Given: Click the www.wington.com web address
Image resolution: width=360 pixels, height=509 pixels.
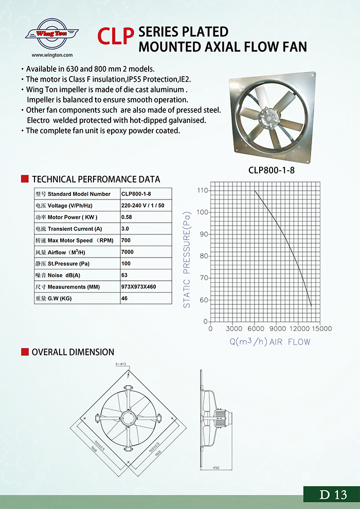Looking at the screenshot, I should coord(52,54).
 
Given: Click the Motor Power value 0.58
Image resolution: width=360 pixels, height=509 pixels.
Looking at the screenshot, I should coord(127,217).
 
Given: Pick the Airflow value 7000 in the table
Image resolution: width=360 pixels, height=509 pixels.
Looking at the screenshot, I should coord(128,252).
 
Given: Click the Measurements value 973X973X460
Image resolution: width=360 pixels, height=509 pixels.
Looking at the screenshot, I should coord(138,286).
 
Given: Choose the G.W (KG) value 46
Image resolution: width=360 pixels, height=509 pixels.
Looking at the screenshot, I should coord(124,298).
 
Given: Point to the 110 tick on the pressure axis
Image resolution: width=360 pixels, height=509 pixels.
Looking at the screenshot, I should coord(202,191).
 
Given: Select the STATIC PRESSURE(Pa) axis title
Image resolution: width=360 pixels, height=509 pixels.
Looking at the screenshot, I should coord(187,260).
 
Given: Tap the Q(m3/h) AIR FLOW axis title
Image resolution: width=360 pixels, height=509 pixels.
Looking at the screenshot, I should coord(269,341).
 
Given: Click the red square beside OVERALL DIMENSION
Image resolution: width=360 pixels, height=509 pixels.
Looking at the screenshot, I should coord(24,352).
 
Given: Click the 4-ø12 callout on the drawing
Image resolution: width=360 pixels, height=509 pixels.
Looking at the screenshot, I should coord(121,364).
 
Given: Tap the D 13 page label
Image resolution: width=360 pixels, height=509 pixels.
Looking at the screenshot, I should coord(333,495).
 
